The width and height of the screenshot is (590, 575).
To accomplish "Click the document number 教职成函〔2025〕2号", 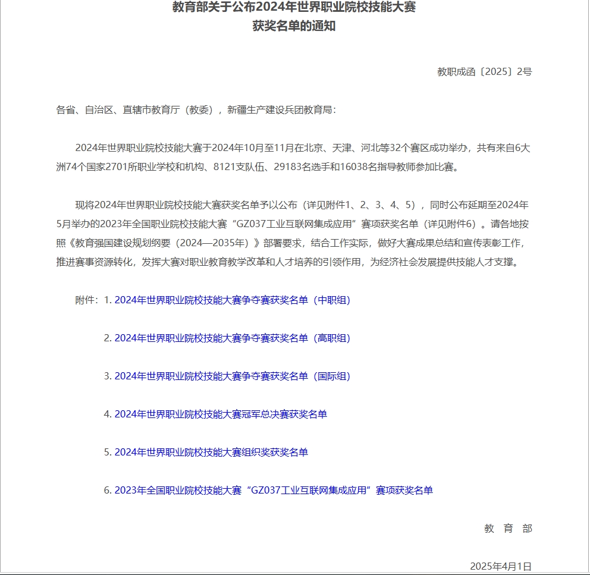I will (x=484, y=72).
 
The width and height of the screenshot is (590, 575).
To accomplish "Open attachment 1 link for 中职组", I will (x=232, y=300).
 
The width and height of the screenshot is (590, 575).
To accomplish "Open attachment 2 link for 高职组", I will (x=232, y=338).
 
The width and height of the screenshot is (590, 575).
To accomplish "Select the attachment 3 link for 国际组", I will (x=232, y=376).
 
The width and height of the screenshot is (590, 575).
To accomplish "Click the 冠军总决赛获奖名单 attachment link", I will (x=221, y=414).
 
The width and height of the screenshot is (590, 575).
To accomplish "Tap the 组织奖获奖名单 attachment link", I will (x=211, y=453).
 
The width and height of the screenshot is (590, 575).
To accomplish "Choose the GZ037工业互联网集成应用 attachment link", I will (x=274, y=491).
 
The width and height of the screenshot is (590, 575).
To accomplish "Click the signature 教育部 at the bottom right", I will (x=508, y=529).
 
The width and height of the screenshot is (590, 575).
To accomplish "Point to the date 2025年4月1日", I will (x=500, y=566).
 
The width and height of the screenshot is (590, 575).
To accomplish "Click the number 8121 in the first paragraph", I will (x=224, y=167).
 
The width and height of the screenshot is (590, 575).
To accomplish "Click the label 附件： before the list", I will (x=87, y=300).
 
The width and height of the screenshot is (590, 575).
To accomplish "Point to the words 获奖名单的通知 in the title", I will (x=294, y=26).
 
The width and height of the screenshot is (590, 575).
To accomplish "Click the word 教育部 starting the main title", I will (x=187, y=8).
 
